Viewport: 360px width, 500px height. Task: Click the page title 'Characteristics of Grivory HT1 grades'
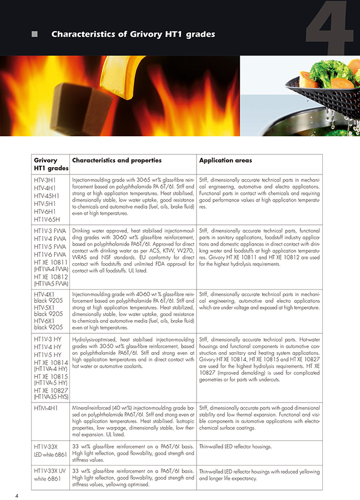(x=133, y=35)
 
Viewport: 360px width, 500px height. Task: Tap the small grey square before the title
(x=35, y=35)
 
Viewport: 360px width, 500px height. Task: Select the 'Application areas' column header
(x=225, y=161)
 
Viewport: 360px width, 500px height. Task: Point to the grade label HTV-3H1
(x=47, y=181)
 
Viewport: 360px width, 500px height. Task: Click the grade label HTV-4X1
(x=47, y=295)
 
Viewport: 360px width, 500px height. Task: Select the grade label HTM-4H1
(x=48, y=408)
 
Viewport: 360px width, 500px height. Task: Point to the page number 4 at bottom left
(x=17, y=494)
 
